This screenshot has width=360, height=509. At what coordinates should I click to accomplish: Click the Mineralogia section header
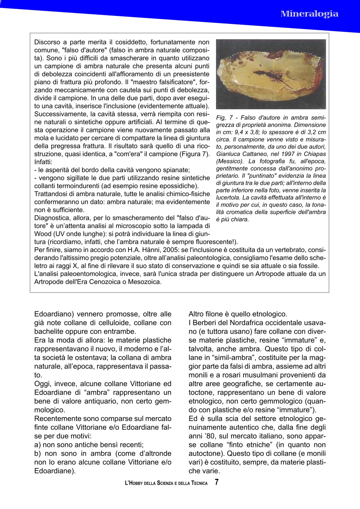coord(309,14)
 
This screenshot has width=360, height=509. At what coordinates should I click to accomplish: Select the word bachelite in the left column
coord(51,331)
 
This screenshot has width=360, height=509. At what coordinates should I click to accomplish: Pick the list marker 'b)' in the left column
coord(38,453)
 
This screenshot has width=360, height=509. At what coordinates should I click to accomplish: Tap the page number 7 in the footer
coord(216,482)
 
